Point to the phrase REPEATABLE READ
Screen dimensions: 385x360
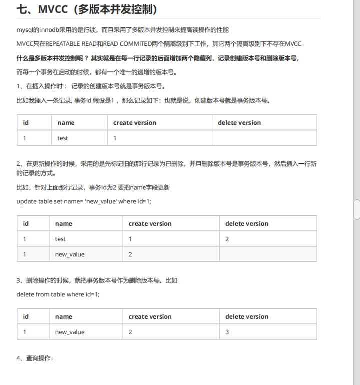click(x=66, y=44)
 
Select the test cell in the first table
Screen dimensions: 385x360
click(x=63, y=138)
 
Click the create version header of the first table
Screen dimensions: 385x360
click(x=135, y=123)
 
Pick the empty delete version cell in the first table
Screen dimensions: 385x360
click(x=264, y=138)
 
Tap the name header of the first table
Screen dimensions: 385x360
click(x=66, y=123)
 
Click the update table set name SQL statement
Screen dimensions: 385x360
click(x=84, y=201)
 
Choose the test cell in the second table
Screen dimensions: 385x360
click(x=60, y=239)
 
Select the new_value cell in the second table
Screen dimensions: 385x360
click(x=70, y=254)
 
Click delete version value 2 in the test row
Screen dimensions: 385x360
click(x=227, y=239)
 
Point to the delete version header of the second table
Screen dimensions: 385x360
click(x=247, y=224)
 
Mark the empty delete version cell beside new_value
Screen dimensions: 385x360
click(x=268, y=254)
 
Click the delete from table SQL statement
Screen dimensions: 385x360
click(x=58, y=294)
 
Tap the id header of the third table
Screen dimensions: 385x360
click(x=26, y=317)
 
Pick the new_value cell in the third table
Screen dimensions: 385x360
click(x=70, y=332)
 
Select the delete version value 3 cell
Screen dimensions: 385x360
click(x=227, y=332)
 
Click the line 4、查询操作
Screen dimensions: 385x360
click(x=35, y=358)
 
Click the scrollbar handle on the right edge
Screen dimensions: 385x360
click(x=356, y=209)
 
